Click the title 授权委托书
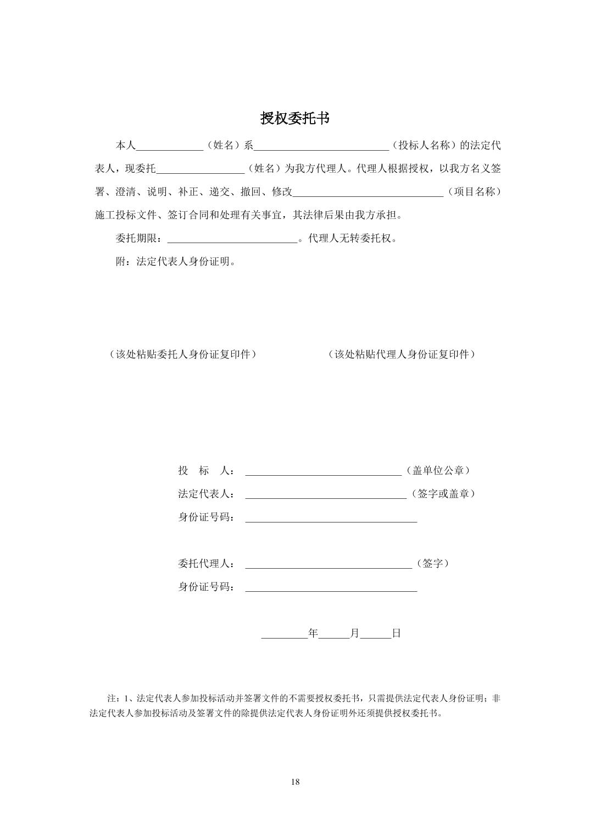tap(295, 118)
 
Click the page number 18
tap(295, 782)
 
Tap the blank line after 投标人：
tap(323, 471)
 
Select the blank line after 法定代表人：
tap(325, 494)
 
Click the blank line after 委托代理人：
tap(328, 564)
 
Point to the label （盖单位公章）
tap(438, 471)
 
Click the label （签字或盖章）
tap(443, 494)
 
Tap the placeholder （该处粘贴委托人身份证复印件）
tap(183, 354)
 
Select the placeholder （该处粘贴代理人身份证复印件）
tap(402, 354)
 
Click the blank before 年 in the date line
tap(285, 634)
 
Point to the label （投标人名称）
tap(424, 146)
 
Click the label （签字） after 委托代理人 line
tap(433, 564)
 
